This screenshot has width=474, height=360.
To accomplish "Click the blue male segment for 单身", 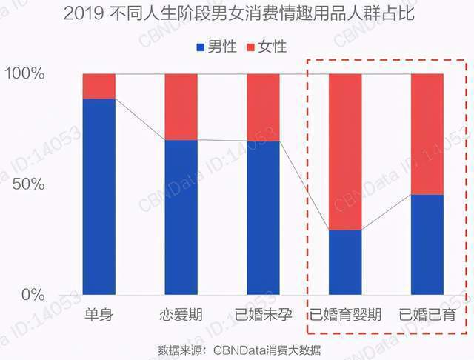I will pyautogui.click(x=99, y=196).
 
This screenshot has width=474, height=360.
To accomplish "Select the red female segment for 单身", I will pyautogui.click(x=99, y=86).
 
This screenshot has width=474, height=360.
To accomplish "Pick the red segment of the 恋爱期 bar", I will pyautogui.click(x=181, y=107).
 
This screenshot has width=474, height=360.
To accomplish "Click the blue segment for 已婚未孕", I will pyautogui.click(x=263, y=218).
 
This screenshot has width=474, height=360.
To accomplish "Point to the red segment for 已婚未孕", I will pyautogui.click(x=263, y=107).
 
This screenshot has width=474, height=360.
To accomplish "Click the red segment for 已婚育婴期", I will pyautogui.click(x=344, y=152).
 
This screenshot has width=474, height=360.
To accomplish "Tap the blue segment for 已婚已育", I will pyautogui.click(x=427, y=244).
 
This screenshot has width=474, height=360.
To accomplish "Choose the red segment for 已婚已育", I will pyautogui.click(x=427, y=134).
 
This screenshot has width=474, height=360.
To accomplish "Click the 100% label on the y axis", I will pyautogui.click(x=27, y=74).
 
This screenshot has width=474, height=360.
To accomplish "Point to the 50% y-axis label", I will pyautogui.click(x=31, y=184).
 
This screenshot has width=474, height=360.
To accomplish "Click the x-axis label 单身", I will pyautogui.click(x=99, y=313).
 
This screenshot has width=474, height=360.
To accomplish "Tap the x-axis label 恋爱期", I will pyautogui.click(x=181, y=313).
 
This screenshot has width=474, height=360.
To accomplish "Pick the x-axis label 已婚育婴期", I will pyautogui.click(x=345, y=313).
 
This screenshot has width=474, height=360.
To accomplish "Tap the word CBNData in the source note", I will pyautogui.click(x=239, y=347).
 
